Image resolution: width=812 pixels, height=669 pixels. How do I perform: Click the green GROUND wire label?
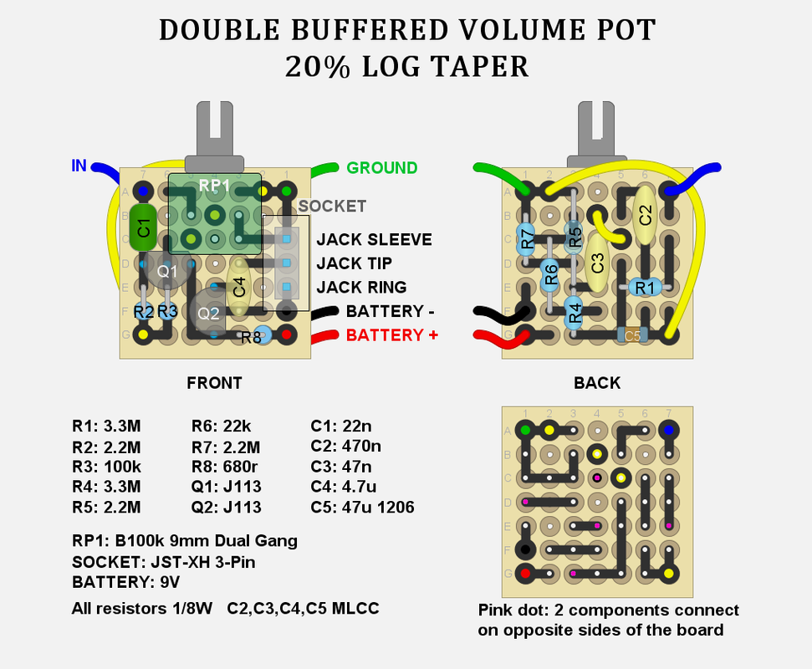click(381, 168)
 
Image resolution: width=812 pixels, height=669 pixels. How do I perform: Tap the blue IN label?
click(79, 166)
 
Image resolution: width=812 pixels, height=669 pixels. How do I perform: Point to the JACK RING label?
click(361, 288)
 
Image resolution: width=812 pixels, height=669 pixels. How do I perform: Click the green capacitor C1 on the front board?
click(143, 227)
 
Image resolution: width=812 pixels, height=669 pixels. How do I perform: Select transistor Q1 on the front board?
click(167, 270)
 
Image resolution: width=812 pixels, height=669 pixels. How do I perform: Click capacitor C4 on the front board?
click(238, 288)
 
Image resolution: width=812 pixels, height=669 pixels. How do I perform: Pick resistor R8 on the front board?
click(255, 337)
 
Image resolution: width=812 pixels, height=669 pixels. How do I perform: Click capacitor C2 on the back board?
click(645, 214)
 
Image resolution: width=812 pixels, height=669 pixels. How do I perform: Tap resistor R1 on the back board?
click(645, 288)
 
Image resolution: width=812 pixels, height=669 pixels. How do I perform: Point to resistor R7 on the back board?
click(526, 239)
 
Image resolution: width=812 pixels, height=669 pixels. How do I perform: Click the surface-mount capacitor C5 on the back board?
click(632, 335)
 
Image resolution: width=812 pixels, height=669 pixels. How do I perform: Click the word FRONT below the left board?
click(214, 383)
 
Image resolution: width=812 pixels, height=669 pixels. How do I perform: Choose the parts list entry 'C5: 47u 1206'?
click(362, 507)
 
